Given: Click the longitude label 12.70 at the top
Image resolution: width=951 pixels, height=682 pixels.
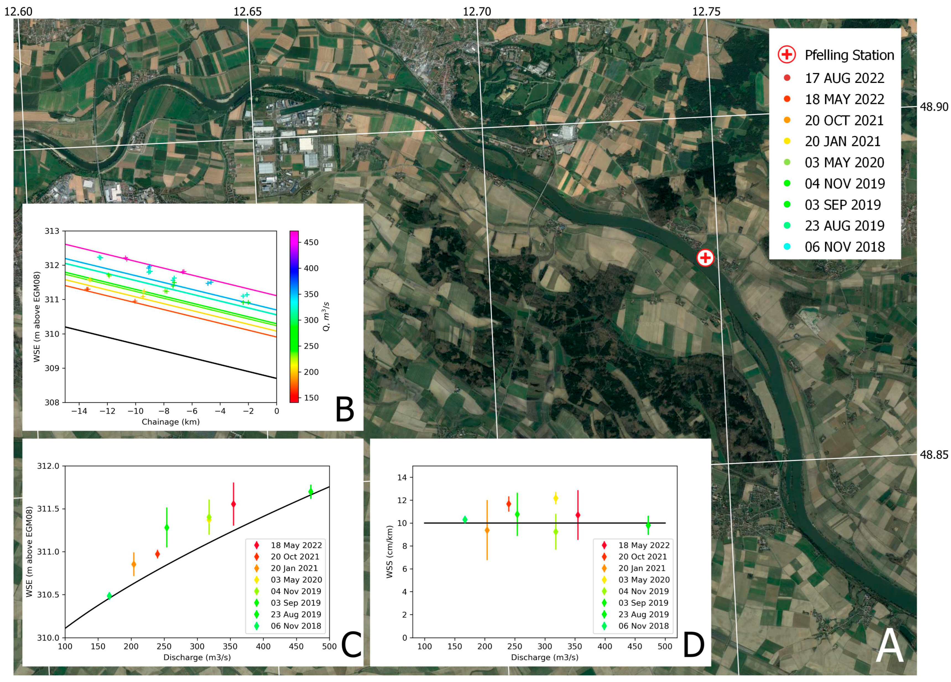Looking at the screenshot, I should [477, 11].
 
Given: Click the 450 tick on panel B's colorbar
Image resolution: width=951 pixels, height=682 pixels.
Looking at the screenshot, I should [311, 242].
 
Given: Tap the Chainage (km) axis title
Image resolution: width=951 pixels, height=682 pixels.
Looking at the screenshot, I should [171, 422].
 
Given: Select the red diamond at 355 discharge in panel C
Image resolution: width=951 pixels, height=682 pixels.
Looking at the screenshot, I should [234, 504].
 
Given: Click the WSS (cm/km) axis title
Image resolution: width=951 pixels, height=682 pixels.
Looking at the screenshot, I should [390, 552].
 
